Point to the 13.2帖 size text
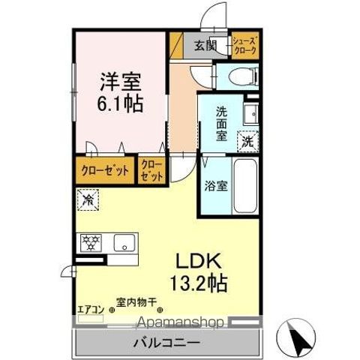point(196,284)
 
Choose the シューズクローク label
point(244,46)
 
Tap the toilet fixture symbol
point(241,75)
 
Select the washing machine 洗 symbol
point(247,140)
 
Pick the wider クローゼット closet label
point(106,170)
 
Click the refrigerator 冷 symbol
point(88,201)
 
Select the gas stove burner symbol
point(89,243)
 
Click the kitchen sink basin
point(124,243)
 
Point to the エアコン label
point(88,307)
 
